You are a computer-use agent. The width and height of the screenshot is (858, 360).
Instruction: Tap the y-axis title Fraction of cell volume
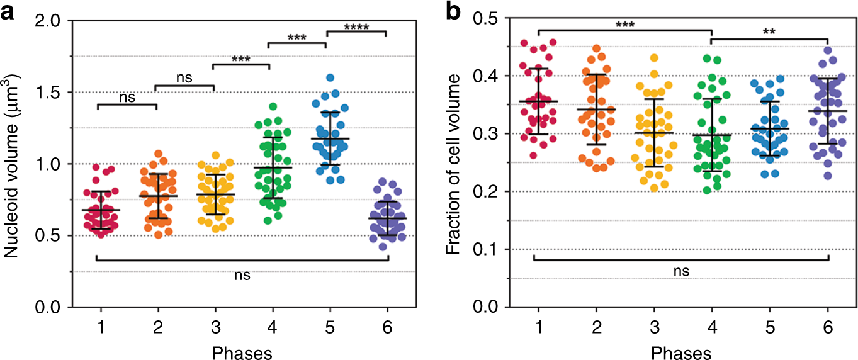click(x=452, y=164)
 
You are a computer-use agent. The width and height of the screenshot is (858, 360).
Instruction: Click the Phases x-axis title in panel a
click(x=243, y=352)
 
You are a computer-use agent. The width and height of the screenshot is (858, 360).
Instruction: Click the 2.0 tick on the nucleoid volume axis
click(x=54, y=21)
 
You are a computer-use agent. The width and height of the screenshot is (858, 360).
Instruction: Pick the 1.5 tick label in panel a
click(x=54, y=93)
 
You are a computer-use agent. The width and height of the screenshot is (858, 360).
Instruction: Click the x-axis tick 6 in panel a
click(x=388, y=329)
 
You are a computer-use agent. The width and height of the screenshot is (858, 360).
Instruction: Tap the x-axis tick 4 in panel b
click(x=711, y=329)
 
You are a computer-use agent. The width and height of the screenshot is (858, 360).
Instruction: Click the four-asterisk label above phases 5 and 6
click(x=356, y=27)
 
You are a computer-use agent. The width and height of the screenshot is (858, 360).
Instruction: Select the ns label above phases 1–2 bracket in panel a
click(x=127, y=99)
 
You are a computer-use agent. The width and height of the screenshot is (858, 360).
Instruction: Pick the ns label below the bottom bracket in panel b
click(x=682, y=271)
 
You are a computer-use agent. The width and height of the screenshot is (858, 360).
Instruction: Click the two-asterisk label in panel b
click(x=769, y=31)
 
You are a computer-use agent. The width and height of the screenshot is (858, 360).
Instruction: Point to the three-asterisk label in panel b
click(x=624, y=24)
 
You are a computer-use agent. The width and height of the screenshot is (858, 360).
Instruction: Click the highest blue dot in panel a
click(x=330, y=78)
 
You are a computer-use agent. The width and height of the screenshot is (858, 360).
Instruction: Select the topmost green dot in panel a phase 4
click(x=273, y=106)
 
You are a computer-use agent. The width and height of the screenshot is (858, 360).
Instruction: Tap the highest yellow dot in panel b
click(x=653, y=58)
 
